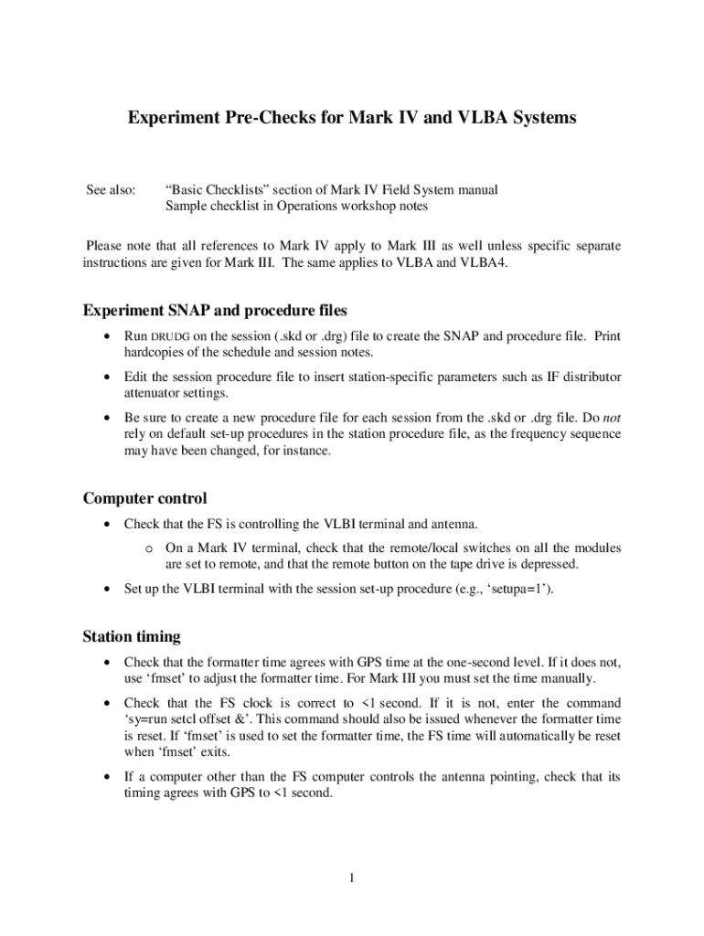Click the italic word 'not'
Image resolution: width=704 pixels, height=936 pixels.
(612, 417)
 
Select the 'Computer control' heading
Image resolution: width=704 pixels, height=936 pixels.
(144, 498)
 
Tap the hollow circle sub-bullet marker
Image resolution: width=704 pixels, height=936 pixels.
(147, 548)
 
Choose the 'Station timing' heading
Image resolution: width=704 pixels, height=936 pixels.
(132, 635)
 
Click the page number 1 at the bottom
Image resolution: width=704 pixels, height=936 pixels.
(350, 878)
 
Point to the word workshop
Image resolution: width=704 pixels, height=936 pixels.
(347, 206)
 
